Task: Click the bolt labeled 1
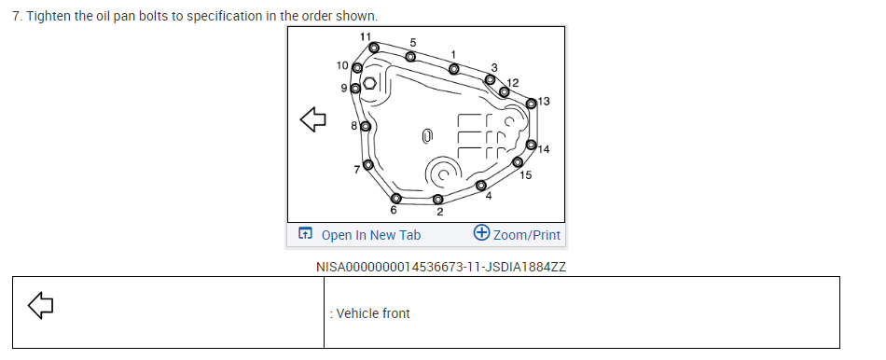[454, 69]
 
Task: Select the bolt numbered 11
[374, 48]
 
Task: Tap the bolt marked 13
[532, 104]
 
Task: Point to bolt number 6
[396, 198]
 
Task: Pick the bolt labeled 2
[438, 199]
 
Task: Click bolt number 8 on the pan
[366, 126]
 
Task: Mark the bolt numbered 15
[518, 162]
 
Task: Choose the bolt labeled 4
[481, 186]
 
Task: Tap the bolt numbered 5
[410, 57]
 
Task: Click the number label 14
[544, 149]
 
